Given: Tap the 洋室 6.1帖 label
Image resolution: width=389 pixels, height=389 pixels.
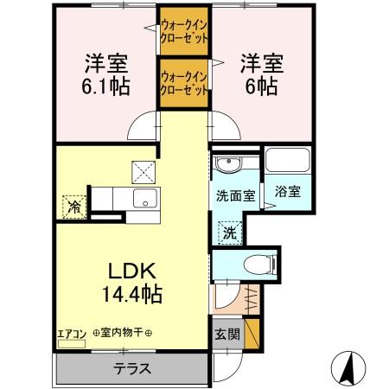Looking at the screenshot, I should pos(105,75).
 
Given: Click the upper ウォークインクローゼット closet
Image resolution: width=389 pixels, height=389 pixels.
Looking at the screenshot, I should pos(182,33).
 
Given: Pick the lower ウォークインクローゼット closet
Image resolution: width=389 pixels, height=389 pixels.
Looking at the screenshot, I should pos(183,82).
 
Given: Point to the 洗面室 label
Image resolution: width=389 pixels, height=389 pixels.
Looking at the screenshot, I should pos(234,195).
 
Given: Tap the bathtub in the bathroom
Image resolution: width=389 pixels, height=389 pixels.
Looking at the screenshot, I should pos(288,162).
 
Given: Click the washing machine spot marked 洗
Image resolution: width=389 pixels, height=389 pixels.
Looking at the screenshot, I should pos(230,231).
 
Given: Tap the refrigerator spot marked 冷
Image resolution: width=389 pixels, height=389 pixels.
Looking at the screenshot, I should pos(74,207).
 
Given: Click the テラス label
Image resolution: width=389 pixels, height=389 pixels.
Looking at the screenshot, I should pos(133,368).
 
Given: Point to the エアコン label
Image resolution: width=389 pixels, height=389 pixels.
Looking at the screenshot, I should pos(71,333).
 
